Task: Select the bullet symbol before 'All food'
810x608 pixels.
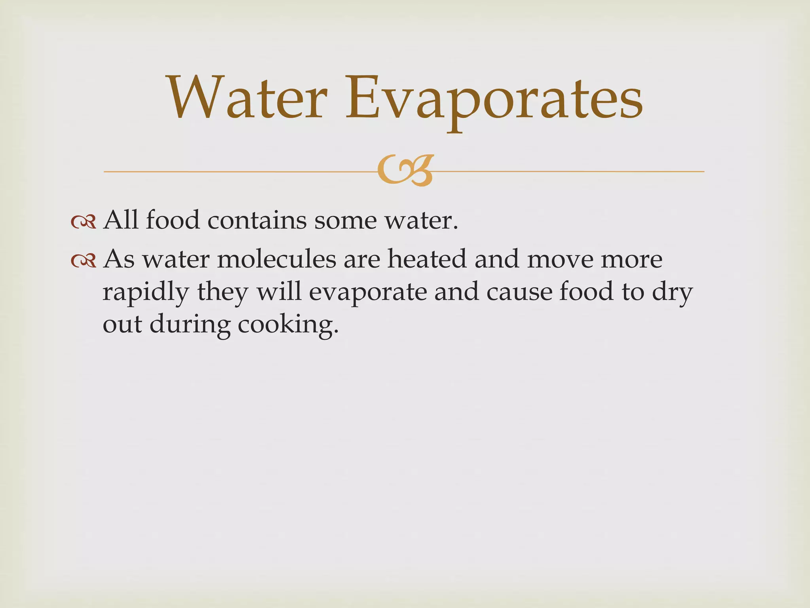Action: [83, 222]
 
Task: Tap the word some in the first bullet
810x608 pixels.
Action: [345, 221]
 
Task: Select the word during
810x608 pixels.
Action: [190, 325]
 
